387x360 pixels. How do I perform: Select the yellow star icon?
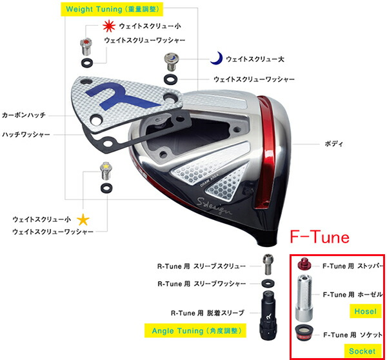[83, 220]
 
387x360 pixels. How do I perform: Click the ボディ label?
[333, 143]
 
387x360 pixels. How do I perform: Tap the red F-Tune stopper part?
[306, 265]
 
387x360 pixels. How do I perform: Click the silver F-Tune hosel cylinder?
[306, 296]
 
